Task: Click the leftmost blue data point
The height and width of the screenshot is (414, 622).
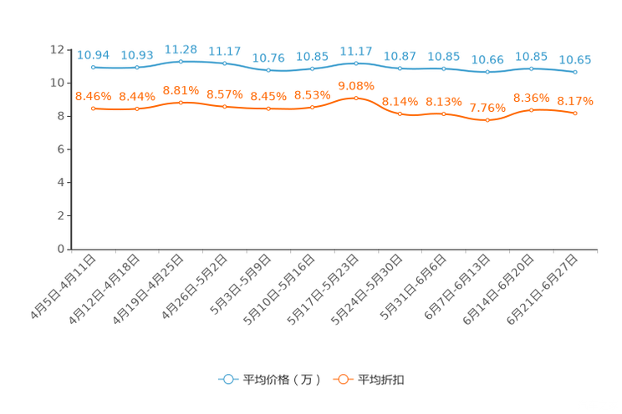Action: [93, 66]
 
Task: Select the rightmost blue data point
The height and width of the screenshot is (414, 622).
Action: [575, 72]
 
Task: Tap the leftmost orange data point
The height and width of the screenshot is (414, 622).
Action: [93, 109]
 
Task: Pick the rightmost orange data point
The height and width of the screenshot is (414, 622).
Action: [575, 114]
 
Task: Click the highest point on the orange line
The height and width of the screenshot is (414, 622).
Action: [356, 98]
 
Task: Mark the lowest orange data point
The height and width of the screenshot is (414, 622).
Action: [487, 120]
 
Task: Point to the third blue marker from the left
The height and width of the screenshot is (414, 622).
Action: [181, 61]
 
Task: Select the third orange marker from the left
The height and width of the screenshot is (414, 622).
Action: [181, 102]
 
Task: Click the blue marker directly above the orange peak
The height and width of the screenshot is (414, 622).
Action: [356, 63]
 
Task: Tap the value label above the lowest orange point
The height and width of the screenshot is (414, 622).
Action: [487, 108]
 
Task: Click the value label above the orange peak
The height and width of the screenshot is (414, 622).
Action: [356, 85]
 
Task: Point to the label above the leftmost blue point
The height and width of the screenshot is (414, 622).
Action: [93, 54]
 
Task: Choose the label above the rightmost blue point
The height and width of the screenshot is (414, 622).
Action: [575, 59]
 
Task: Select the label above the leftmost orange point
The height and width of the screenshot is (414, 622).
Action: [93, 96]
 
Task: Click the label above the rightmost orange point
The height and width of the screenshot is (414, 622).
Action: [575, 100]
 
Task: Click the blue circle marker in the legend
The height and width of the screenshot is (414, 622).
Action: [227, 379]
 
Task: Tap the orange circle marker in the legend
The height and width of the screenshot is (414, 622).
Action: [342, 379]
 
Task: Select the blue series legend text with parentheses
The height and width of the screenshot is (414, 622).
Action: [281, 380]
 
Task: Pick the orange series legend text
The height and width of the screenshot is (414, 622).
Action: [382, 380]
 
